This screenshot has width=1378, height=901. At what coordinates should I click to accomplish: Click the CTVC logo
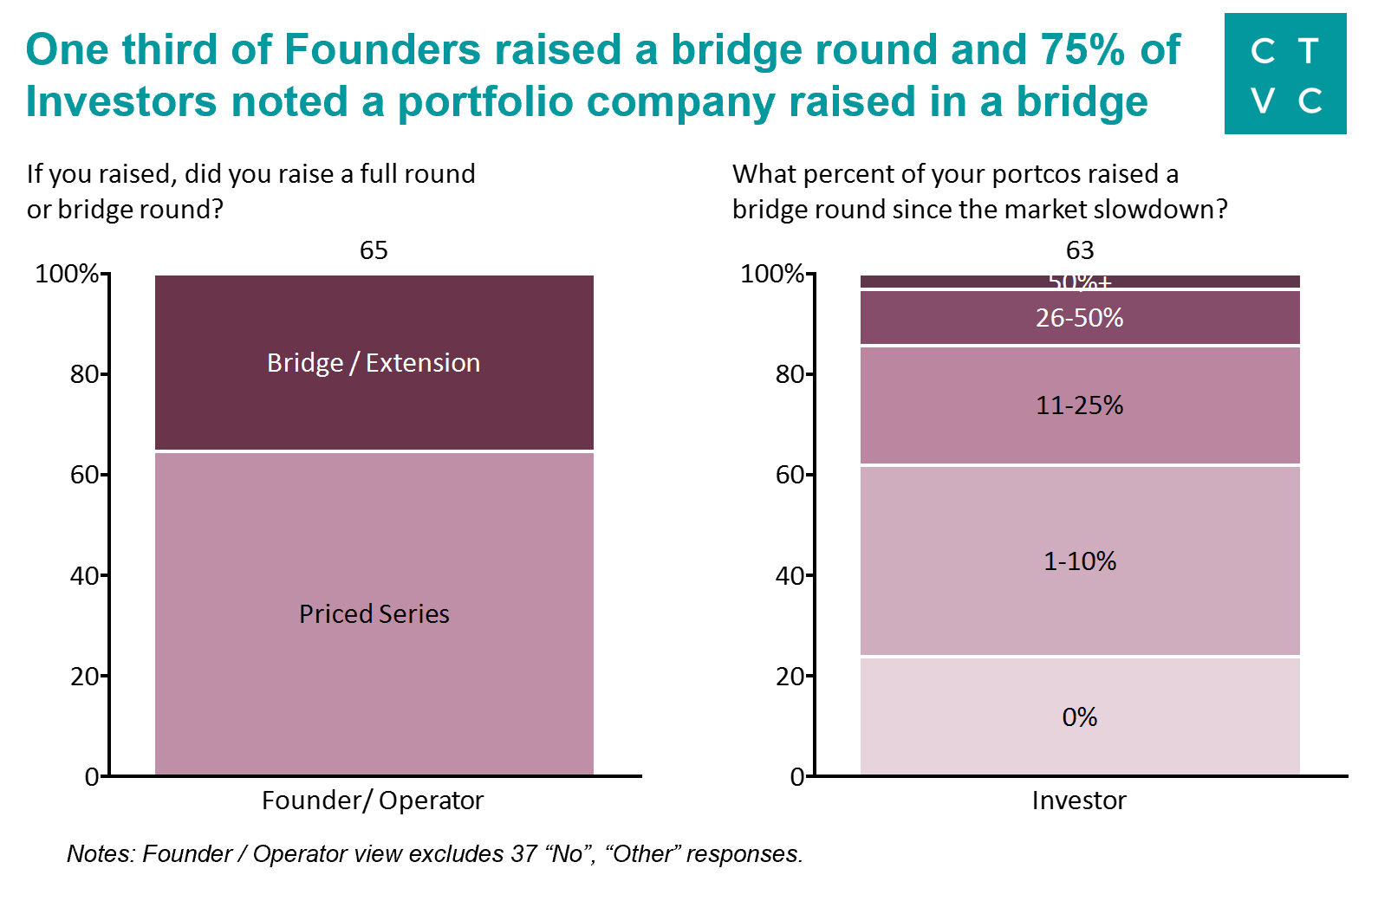coord(1284,74)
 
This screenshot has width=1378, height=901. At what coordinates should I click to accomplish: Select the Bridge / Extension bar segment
coord(374,363)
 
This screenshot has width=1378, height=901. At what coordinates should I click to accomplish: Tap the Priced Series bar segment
coord(374,613)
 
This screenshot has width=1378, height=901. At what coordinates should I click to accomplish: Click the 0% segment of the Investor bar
coord(1079,717)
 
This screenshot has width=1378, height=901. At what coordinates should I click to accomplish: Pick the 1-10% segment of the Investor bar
coord(1079,561)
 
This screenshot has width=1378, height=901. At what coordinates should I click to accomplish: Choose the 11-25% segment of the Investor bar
coord(1079,405)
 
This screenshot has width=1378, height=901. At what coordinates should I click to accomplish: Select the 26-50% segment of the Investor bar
coord(1079,318)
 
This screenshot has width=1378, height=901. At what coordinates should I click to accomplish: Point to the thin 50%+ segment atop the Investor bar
coord(1079,282)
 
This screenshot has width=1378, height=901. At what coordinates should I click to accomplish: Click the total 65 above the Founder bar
coord(374,250)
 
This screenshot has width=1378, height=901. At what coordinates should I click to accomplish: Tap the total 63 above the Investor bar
coord(1080,250)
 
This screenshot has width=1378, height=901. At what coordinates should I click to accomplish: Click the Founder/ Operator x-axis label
coord(373,801)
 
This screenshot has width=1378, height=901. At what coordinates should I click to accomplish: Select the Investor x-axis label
coord(1079,801)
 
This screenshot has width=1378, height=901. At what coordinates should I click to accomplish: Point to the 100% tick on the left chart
coord(67,274)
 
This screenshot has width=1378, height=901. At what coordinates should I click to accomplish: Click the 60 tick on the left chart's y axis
coord(84,475)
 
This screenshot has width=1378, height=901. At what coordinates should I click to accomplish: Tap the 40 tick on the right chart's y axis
coord(790,575)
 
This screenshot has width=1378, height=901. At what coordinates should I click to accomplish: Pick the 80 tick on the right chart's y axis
coord(790,374)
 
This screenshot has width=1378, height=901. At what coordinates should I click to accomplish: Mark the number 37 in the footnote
coord(524,854)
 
